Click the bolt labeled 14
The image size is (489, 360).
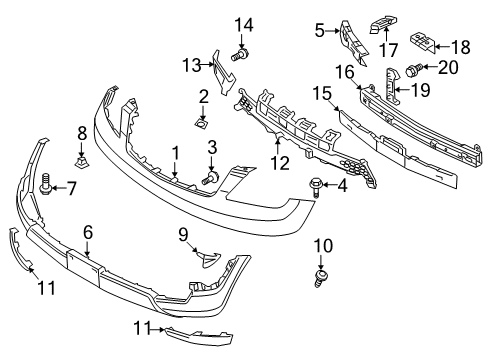tap(240, 54)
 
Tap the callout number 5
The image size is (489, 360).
tap(319, 31)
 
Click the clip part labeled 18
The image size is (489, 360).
tap(423, 43)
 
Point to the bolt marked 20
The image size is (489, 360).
tap(414, 69)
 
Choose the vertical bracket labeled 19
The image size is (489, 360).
tap(392, 85)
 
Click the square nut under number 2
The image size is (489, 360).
tap(202, 123)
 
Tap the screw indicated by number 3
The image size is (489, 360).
tap(210, 177)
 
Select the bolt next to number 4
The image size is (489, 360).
tap(314, 187)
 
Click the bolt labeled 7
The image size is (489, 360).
tap(45, 184)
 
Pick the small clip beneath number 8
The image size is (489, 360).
tap(82, 163)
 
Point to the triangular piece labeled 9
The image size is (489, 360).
tap(208, 258)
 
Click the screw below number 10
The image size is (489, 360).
tap(321, 278)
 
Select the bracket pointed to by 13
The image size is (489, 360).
tap(224, 73)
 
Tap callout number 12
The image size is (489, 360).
tap(280, 163)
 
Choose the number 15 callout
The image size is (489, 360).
tap(322, 93)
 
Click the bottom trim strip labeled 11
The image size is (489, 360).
tap(199, 335)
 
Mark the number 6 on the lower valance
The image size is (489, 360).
tap(88, 232)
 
